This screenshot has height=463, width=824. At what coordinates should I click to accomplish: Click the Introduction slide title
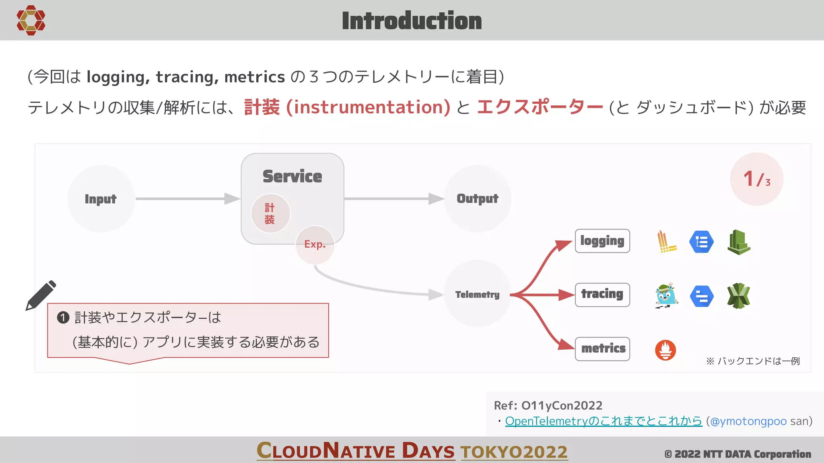412,21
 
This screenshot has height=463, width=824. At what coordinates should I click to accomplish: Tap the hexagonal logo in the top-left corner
31,20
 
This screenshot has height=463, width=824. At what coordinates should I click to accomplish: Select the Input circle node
101,199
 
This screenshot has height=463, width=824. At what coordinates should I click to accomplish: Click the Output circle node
478,199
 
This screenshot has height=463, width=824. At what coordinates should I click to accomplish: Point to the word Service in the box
292,176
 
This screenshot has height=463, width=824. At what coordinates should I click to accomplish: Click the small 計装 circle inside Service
270,213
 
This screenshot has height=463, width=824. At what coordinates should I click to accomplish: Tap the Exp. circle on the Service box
315,244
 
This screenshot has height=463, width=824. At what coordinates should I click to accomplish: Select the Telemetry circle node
478,294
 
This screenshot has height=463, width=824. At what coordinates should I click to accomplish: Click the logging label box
602,241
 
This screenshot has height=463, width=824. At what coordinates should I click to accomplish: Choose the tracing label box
602,294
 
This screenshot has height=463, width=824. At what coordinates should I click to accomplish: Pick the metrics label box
602,348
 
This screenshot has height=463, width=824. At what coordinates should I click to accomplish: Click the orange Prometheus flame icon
665,350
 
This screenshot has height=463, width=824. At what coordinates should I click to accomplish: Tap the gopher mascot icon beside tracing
666,295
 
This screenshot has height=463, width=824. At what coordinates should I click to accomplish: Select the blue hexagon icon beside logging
701,242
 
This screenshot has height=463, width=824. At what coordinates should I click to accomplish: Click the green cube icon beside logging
739,242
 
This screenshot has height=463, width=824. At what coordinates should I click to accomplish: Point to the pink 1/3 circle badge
756,179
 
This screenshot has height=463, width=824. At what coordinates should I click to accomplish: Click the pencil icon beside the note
41,295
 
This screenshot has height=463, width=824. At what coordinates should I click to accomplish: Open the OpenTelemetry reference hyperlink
603,421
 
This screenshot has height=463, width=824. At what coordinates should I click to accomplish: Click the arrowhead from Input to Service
232,199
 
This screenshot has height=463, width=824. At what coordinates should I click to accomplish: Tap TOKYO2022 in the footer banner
514,452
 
